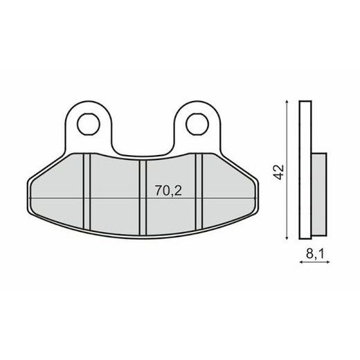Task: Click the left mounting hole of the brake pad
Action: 88,125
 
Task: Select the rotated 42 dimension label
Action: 278,172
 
